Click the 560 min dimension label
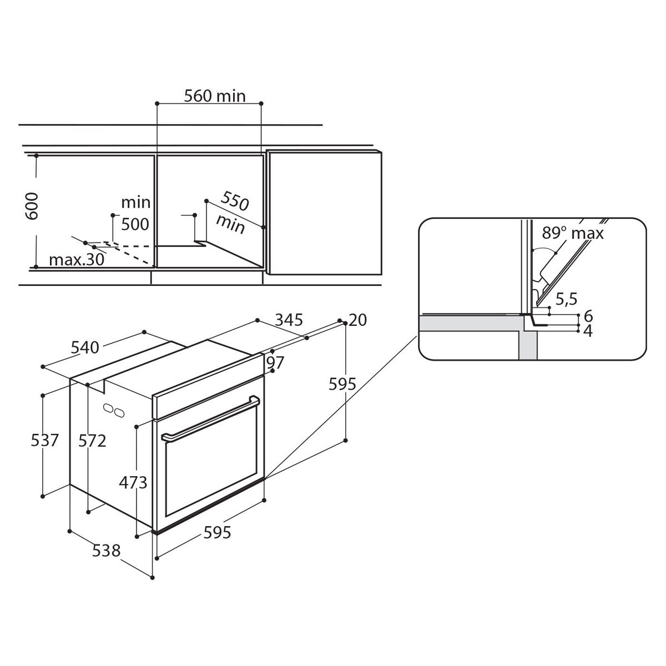pyautogui.click(x=215, y=96)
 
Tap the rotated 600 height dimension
pyautogui.click(x=32, y=206)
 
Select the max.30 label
pyautogui.click(x=77, y=260)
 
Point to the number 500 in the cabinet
pyautogui.click(x=135, y=224)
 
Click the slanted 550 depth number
pyautogui.click(x=235, y=201)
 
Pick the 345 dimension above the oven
pyautogui.click(x=289, y=320)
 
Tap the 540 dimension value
pyautogui.click(x=85, y=347)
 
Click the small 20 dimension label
pyautogui.click(x=358, y=320)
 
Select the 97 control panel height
pyautogui.click(x=275, y=362)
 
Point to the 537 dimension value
pyautogui.click(x=45, y=440)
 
